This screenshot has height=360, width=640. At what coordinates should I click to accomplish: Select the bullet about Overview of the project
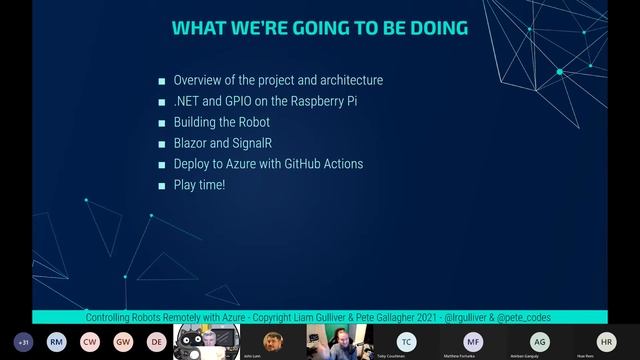tap(278, 80)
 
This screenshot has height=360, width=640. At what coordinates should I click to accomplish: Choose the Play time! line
tap(200, 185)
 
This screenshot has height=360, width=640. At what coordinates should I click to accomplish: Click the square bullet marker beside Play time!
tap(161, 186)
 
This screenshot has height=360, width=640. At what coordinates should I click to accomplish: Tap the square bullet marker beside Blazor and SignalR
tap(161, 144)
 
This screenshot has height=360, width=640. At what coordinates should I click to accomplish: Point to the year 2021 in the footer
tap(405, 317)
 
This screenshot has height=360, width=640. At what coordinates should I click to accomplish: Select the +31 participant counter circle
tap(24, 341)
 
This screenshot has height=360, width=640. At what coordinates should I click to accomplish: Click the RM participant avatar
tap(57, 341)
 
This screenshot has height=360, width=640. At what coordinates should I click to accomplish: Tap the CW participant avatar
tap(90, 341)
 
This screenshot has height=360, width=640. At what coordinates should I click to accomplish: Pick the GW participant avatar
tap(123, 341)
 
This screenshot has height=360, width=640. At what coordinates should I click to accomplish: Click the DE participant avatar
tap(156, 341)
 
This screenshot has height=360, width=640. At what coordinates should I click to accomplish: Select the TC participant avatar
tap(405, 340)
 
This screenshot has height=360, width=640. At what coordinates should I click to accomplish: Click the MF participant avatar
tap(472, 340)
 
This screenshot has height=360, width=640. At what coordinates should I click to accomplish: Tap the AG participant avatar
tap(539, 340)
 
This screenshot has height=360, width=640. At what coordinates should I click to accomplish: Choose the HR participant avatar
tap(605, 340)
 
